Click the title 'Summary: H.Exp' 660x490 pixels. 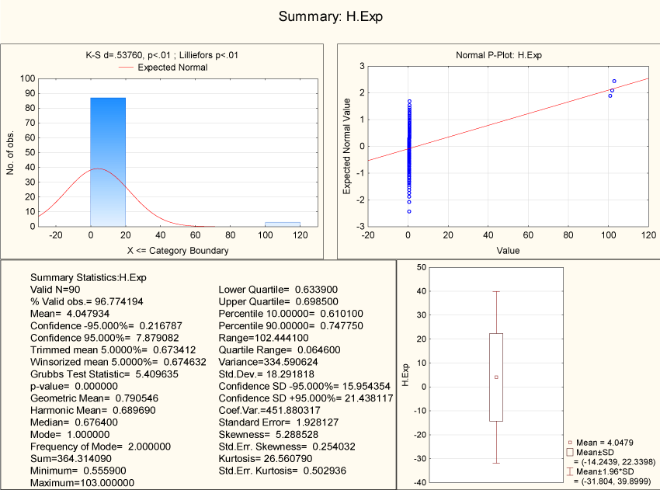click(x=330, y=16)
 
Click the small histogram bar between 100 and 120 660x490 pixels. click(x=283, y=224)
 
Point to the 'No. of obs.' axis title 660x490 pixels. click(x=11, y=152)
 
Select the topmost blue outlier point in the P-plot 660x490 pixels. click(x=614, y=81)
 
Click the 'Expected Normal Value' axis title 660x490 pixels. click(x=348, y=152)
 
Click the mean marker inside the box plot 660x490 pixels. click(x=496, y=377)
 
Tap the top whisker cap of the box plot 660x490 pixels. click(x=496, y=292)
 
